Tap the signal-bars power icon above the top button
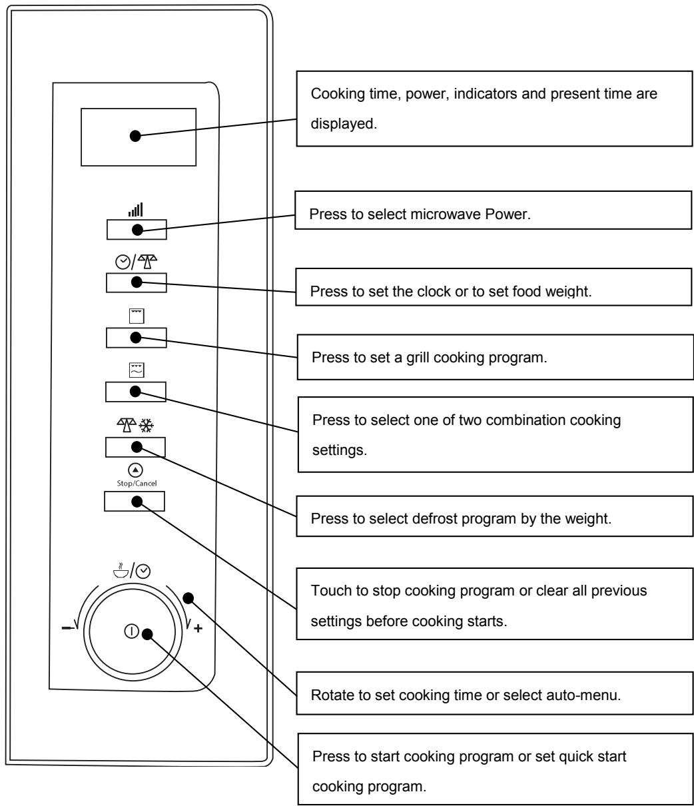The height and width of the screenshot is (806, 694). [x=136, y=209]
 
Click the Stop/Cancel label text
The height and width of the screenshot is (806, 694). [x=137, y=483]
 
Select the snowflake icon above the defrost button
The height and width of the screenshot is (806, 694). [x=147, y=426]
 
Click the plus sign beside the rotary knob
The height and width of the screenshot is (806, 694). [x=198, y=628]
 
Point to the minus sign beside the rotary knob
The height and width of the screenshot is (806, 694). [x=67, y=627]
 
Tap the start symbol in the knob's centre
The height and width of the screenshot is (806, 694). [x=131, y=631]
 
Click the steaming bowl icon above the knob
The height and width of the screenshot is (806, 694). [x=121, y=570]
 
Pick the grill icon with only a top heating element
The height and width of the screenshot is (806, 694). [x=137, y=316]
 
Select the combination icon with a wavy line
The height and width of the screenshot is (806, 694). [x=137, y=370]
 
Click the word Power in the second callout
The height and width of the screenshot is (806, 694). [x=507, y=214]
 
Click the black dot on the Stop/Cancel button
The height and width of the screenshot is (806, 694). [x=137, y=502]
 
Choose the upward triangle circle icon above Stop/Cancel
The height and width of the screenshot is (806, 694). [x=135, y=470]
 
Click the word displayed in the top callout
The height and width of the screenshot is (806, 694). [x=344, y=124]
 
